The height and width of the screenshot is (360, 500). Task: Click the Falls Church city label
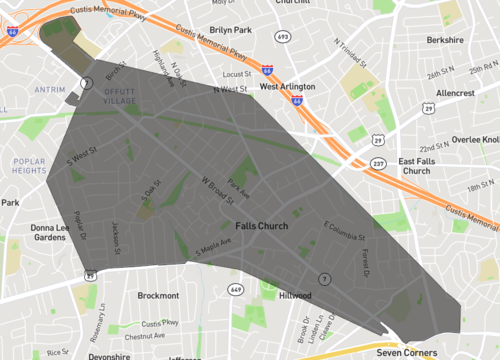click(261, 226)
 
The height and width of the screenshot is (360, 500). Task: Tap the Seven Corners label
click(407, 353)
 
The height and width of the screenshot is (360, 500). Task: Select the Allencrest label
click(455, 92)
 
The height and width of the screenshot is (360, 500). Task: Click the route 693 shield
click(284, 36)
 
